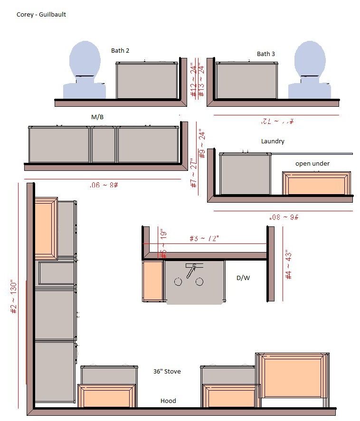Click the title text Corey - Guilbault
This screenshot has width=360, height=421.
pos(41,15)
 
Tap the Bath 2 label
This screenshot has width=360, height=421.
pos(120,50)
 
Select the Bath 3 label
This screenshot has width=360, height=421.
pos(266,54)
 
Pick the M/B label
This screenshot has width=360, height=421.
pos(97,117)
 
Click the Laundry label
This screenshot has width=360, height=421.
pos(273,141)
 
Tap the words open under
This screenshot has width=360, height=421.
pos(312,164)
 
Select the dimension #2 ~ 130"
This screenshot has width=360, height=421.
pos(14,298)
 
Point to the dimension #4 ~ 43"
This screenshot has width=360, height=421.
pos(288,264)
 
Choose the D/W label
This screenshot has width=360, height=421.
pos(243,278)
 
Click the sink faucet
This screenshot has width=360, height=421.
pos(191,271)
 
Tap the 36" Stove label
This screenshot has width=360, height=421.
pos(167,372)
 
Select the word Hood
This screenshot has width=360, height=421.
pos(168,401)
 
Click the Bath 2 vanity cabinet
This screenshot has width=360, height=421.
pos(147,81)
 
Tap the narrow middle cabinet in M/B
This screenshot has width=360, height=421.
pos(104,145)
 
